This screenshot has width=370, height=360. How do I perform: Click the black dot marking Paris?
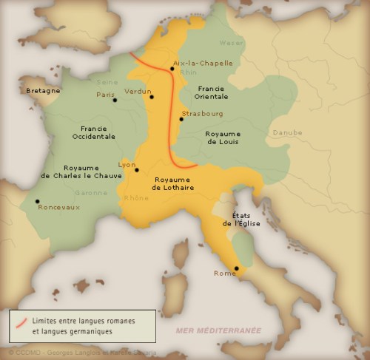point(115,100)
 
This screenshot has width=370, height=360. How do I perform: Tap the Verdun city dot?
point(152,97)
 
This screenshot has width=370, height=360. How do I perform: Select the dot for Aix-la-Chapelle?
point(172,69)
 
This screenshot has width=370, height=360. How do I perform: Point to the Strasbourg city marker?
point(181,119)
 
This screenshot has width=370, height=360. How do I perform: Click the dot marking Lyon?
point(137,170)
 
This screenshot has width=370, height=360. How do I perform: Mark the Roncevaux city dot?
point(37,201)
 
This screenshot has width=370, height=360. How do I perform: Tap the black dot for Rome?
point(236,268)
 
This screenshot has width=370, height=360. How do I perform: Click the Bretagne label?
point(43,91)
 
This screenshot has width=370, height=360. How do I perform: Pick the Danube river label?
point(288,133)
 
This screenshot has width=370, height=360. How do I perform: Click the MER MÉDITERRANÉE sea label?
point(218,330)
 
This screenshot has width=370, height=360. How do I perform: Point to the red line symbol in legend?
point(21,322)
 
